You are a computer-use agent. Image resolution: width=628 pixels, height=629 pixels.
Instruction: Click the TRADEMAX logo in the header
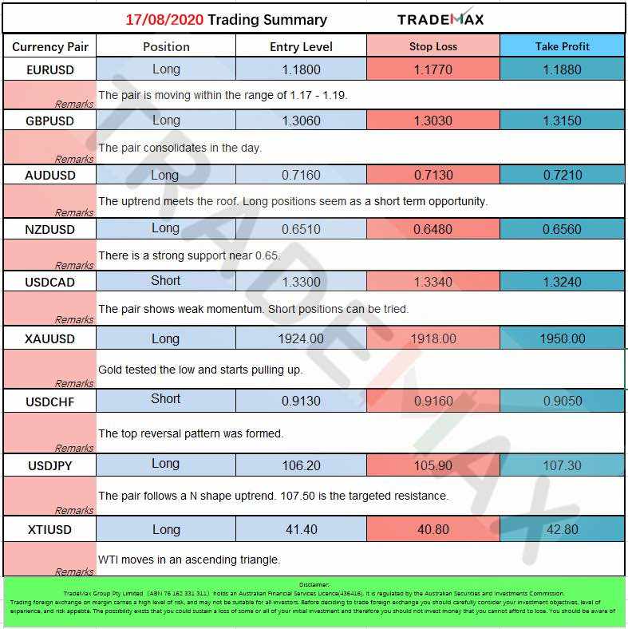tap(440, 19)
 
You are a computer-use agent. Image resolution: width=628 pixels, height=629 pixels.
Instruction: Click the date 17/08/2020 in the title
tap(164, 20)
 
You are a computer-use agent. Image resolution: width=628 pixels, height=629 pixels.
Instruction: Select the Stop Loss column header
tap(433, 46)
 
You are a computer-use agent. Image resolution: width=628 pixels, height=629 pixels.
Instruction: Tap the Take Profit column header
tap(563, 46)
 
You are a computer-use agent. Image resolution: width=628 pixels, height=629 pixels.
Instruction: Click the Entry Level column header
tap(302, 46)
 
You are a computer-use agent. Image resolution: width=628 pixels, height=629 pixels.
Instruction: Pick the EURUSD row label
tap(49, 69)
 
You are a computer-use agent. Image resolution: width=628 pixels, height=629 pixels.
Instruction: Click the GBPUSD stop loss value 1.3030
tap(433, 121)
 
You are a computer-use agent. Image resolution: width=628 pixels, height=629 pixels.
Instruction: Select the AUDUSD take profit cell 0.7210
tap(563, 175)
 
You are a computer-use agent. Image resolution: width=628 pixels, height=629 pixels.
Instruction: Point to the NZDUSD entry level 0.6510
tap(302, 229)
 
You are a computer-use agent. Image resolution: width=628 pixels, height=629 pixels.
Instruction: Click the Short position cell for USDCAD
tap(166, 281)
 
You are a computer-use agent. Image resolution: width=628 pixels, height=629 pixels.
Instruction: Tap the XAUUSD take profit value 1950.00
tap(563, 338)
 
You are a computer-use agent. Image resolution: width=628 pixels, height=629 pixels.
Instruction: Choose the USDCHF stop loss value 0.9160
tap(433, 401)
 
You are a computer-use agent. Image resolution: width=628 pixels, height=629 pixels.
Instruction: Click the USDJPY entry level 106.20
tap(302, 465)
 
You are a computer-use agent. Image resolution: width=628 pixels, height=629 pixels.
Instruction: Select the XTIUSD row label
tap(49, 529)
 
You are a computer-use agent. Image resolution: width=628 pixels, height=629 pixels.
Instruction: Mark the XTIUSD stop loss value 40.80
tap(433, 529)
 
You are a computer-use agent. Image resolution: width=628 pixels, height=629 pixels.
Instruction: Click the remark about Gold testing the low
tap(200, 370)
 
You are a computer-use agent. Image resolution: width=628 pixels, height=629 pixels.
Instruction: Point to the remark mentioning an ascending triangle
tap(189, 560)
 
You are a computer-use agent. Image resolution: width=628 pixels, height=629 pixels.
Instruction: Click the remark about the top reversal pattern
tap(191, 433)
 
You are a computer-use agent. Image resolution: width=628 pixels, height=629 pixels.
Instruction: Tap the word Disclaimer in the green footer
tap(314, 585)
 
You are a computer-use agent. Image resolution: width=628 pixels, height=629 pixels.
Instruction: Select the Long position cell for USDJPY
tap(166, 464)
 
